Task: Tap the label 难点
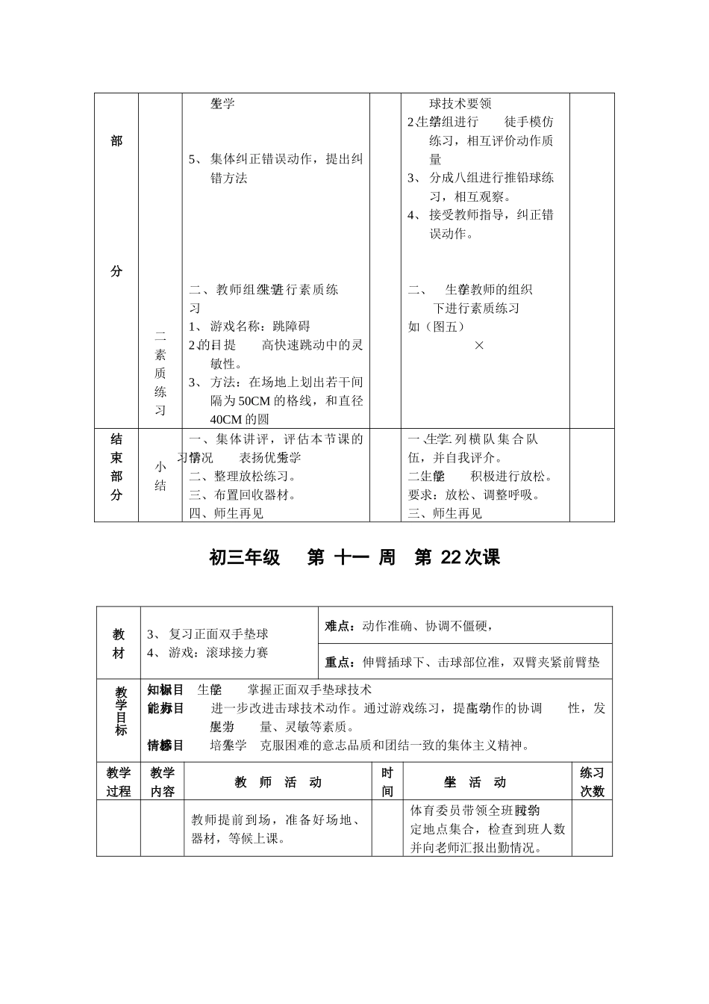coord(340,627)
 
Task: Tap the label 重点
coord(340,663)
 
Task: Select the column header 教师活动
coord(278,783)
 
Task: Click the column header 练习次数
coord(592,782)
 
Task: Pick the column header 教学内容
coord(162,782)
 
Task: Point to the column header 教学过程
coord(119,782)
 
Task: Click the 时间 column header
coord(387,782)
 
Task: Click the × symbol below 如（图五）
coord(479,345)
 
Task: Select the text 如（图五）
coord(437,326)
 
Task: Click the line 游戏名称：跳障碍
coord(260,326)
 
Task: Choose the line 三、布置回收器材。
coord(243,495)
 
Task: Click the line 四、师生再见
coord(226,513)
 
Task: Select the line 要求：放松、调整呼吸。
coord(474,495)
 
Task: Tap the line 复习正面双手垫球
coord(218,634)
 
